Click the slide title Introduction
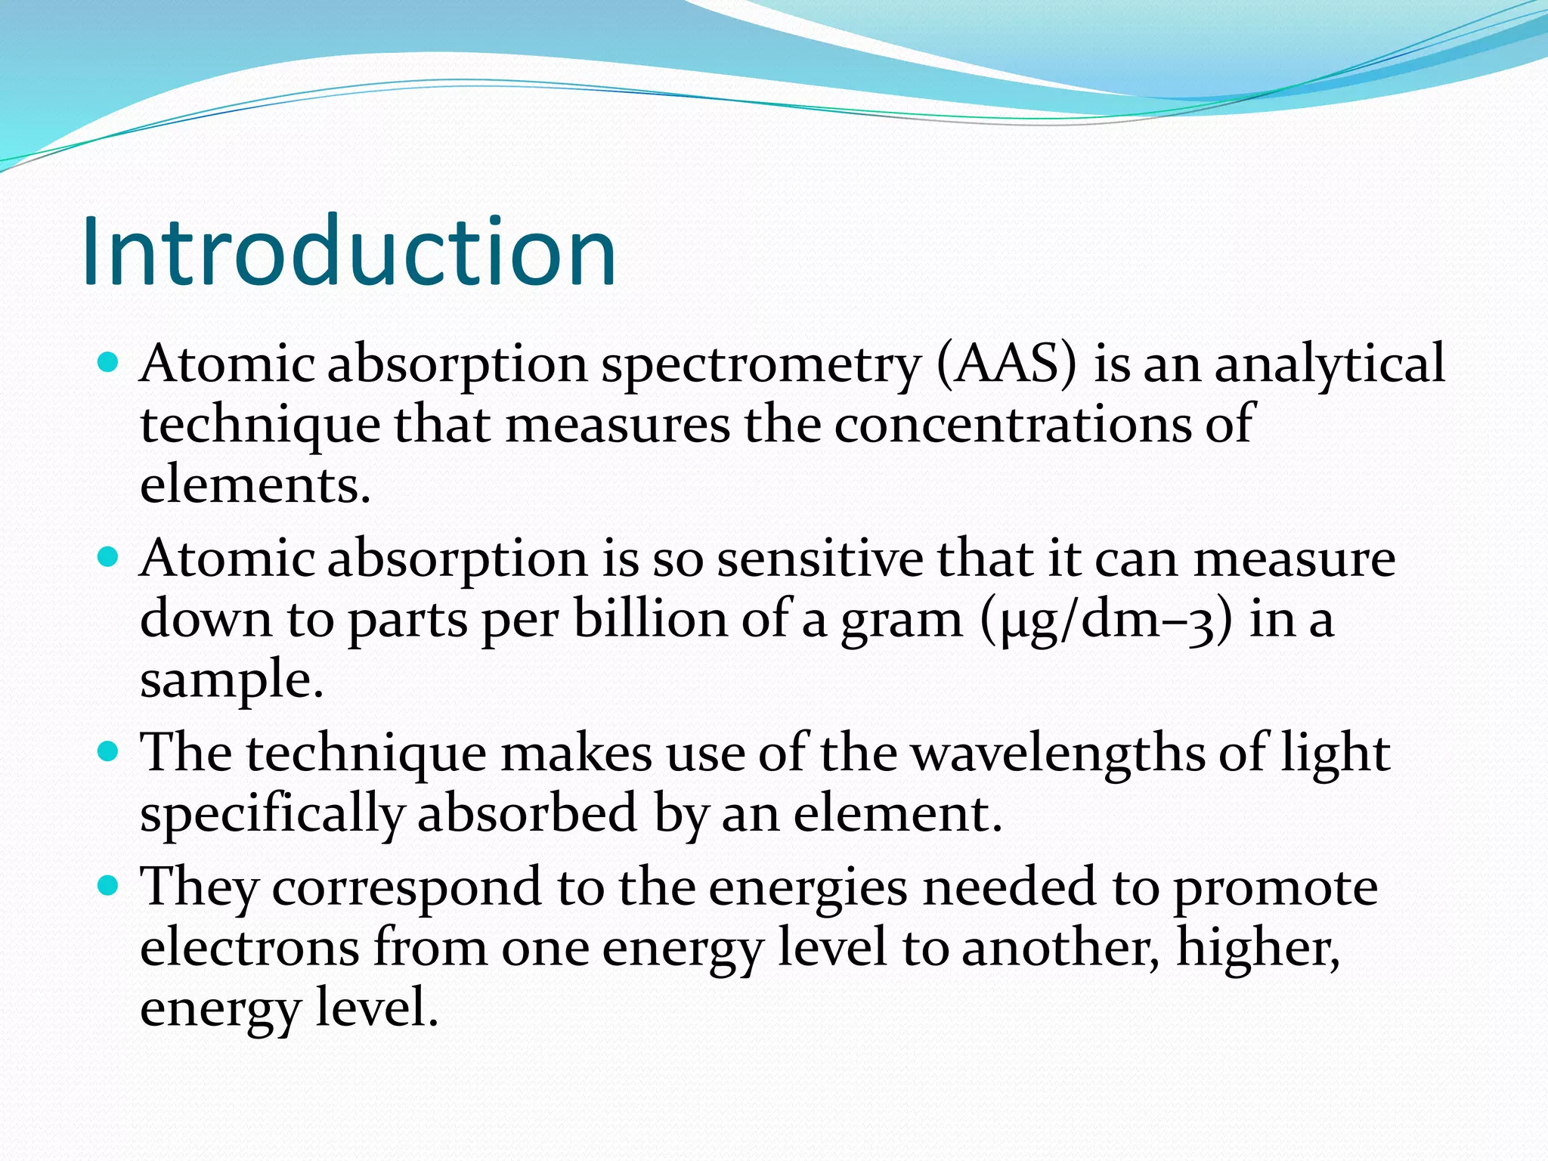(349, 252)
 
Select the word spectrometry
(760, 365)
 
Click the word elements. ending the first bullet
(255, 485)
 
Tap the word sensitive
(819, 559)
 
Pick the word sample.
(231, 680)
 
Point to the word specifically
(272, 815)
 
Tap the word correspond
(407, 888)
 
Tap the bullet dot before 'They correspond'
(109, 885)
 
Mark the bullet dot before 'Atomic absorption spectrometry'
(109, 363)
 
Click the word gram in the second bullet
(902, 621)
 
